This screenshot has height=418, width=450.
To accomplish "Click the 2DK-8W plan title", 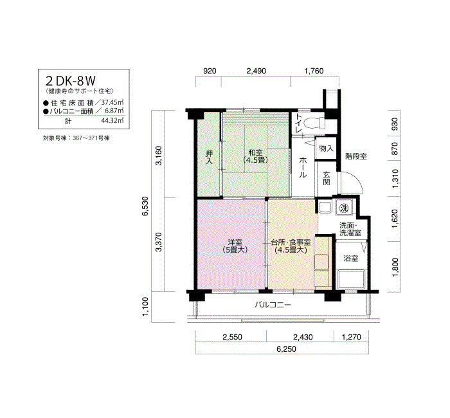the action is point(71,81).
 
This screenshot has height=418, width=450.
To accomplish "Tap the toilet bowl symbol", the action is point(314,123).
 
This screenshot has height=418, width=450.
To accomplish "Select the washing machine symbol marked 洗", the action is point(344,208).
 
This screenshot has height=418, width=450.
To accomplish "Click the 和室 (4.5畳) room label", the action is point(255,156).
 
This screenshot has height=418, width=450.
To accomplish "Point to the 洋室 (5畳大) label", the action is point(235,246).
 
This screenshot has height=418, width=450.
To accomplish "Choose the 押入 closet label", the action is point(209,158).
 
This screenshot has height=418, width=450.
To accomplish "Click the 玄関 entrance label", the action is point(326,178).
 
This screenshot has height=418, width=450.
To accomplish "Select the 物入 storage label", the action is point(326,149).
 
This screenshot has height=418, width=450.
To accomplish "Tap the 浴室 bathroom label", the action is point(351,258).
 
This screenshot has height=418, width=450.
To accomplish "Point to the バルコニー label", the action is point(273,305).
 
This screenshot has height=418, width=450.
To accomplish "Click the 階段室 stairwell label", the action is point(356,156).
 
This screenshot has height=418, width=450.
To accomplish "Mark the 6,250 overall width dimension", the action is point(286,349).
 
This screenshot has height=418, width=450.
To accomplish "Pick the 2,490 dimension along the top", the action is point(256,71).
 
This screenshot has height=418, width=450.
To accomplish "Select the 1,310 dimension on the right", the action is point(395,179).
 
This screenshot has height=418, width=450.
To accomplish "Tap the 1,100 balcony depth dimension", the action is point(145,307).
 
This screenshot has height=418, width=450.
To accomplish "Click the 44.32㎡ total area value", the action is point(113,121).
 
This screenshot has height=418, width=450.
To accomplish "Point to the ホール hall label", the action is point(303,167).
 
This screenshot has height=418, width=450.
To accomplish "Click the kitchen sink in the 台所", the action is point(321,262).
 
